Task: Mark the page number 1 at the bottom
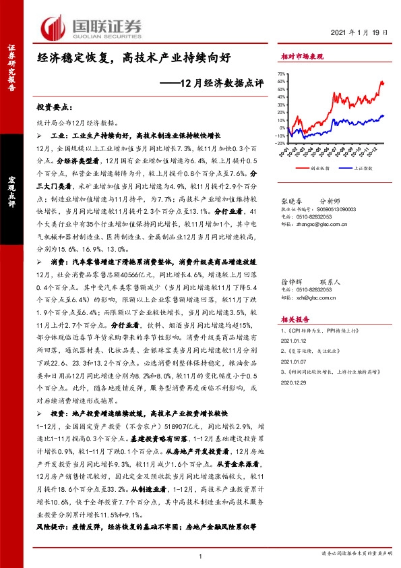tap(201, 555)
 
